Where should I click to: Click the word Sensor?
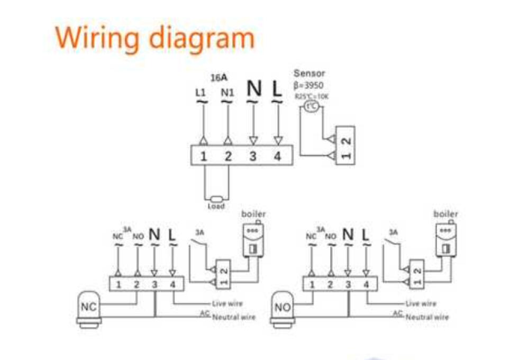(309, 74)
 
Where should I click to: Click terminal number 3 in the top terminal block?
(253, 157)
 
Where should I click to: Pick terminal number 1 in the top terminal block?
(204, 157)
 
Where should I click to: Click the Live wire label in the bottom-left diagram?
(227, 304)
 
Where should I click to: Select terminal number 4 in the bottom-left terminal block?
(173, 284)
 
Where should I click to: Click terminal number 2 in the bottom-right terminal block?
(330, 284)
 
